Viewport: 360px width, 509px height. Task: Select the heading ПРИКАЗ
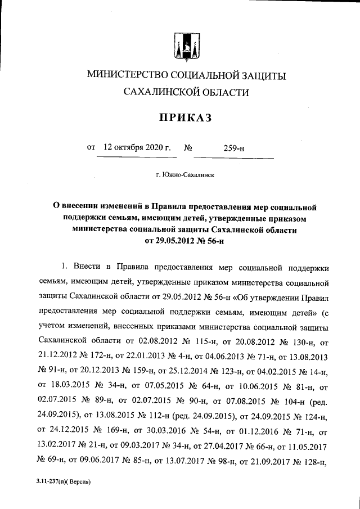pyautogui.click(x=180, y=117)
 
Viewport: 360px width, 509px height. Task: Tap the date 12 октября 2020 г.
pyautogui.click(x=137, y=148)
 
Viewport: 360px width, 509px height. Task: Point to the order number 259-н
pyautogui.click(x=233, y=148)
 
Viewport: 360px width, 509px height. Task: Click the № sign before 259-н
pyautogui.click(x=189, y=148)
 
